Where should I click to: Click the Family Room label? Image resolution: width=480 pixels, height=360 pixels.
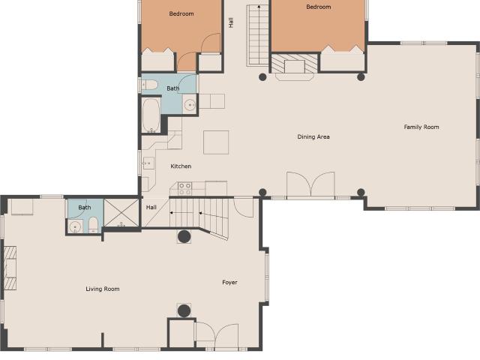coord(421,127)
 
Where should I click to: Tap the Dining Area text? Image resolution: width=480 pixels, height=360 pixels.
coord(313,136)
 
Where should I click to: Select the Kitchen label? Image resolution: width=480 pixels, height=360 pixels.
coord(181,166)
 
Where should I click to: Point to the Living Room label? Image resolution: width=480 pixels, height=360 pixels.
coord(103,289)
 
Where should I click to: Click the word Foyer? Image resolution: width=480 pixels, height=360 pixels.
coord(229,282)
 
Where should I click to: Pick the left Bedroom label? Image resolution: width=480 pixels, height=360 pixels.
coord(181,13)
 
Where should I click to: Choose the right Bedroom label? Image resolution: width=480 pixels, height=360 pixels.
coord(318,7)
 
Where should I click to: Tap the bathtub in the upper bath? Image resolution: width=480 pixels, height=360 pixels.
coord(151,115)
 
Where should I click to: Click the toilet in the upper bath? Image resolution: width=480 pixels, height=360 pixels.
coord(150,85)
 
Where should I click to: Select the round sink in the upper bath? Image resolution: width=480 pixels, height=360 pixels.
coord(190,105)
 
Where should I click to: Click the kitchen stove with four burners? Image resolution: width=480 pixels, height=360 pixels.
coord(185,189)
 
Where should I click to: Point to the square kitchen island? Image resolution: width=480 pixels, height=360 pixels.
coord(216,142)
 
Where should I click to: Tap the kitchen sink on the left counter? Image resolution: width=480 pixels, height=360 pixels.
coord(148,163)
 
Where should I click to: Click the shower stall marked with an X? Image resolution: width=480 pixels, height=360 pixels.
coord(121,213)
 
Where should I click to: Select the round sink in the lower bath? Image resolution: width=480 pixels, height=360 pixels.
coord(75,227)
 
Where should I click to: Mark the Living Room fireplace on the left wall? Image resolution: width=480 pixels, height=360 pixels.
coord(10,268)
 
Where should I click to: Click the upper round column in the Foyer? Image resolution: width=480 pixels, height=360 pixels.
coord(184,237)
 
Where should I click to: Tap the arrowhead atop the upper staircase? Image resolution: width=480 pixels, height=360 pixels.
coord(259,6)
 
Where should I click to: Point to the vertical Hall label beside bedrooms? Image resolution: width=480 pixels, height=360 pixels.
coord(231,22)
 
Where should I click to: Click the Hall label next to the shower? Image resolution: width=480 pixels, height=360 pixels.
coord(151,207)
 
